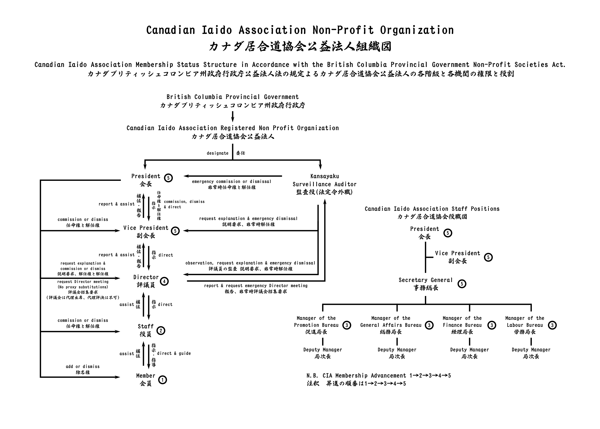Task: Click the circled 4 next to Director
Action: (164, 281)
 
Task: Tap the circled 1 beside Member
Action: (162, 380)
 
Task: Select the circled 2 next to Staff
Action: (161, 331)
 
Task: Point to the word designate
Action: (217, 153)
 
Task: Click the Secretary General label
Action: (425, 280)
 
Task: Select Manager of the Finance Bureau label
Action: (462, 322)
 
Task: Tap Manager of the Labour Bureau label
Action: (525, 322)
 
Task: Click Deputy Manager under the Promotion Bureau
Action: (322, 350)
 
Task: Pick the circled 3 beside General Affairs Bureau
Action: (429, 325)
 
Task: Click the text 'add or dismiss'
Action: (82, 367)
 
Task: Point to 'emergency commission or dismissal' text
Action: (231, 181)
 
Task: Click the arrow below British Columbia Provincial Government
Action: (232, 116)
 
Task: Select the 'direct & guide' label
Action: (174, 353)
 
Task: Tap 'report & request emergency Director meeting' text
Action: (256, 285)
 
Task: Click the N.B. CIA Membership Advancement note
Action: (378, 375)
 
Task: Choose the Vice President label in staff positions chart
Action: (457, 253)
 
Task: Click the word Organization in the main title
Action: (417, 30)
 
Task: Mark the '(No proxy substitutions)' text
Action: (82, 287)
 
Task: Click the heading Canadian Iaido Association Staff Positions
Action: (432, 209)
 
